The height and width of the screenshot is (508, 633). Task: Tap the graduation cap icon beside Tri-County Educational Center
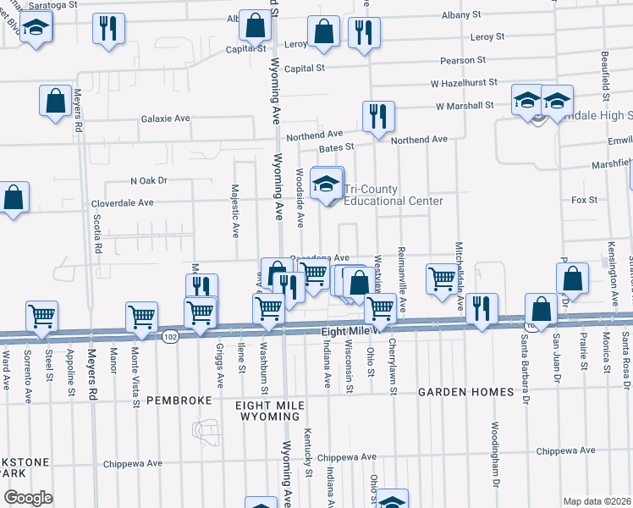point(326,184)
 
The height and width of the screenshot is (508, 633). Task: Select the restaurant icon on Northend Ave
point(378,116)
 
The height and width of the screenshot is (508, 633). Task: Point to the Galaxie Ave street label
point(165,119)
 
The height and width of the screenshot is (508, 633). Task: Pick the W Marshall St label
point(465,106)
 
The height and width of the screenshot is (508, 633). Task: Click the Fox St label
point(584,201)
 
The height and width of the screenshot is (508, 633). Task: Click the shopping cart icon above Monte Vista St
point(141,317)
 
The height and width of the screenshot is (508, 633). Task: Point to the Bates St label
point(336,147)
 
